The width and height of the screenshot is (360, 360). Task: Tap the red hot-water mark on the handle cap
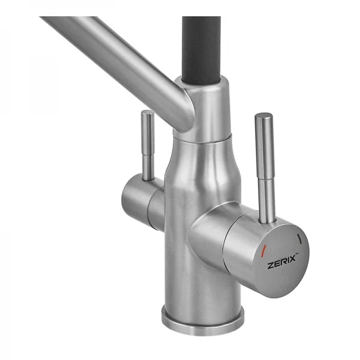coord(263,250)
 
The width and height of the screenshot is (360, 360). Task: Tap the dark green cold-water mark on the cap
coord(299,238)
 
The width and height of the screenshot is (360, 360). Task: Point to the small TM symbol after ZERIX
coord(296,254)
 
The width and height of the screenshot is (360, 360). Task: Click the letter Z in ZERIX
coord(270,266)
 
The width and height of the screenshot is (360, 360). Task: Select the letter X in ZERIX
coord(292,259)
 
